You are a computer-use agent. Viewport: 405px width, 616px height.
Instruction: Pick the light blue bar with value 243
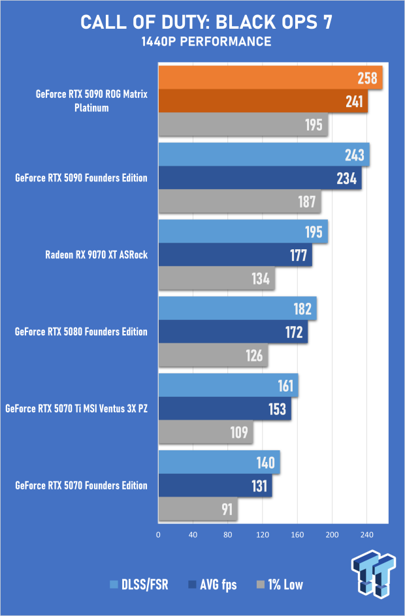tap(264, 155)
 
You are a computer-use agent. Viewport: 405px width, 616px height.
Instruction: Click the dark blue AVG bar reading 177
tap(235, 254)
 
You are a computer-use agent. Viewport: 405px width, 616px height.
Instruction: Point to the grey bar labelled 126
tap(213, 356)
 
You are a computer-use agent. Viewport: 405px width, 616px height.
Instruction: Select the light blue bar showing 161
tap(228, 385)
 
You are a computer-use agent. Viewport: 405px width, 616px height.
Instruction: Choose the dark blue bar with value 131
tap(215, 486)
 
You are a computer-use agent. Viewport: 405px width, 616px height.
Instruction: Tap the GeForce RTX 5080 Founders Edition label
tap(81, 331)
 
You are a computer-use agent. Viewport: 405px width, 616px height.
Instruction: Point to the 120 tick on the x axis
tap(263, 534)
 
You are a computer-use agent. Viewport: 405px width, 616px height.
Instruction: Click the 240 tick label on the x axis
tap(366, 534)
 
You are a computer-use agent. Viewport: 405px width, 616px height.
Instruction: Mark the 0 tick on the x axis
tap(159, 534)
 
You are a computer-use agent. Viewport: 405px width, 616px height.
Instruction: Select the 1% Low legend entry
tap(280, 585)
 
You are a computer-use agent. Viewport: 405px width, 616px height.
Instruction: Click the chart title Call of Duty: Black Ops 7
tap(206, 22)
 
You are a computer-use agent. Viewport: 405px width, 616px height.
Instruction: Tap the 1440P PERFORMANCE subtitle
tap(206, 42)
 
